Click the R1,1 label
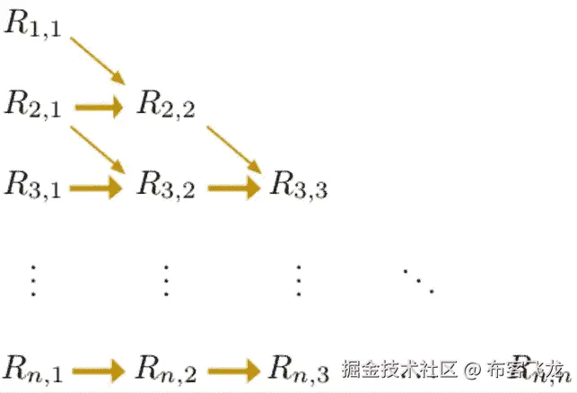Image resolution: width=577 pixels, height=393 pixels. pos(33,24)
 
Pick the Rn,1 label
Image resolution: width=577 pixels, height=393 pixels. pos(33,368)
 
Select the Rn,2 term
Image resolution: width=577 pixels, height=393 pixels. pos(166,368)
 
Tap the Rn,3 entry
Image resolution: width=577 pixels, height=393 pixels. pos(299,368)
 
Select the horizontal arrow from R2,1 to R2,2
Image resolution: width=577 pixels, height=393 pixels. pos(99,109)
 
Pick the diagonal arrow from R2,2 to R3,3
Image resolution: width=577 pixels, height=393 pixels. pos(233,148)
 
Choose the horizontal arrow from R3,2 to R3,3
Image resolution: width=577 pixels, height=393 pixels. pos(232,188)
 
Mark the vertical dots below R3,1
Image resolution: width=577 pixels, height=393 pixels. pos(33,280)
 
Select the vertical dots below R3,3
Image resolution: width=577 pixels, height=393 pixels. pos(299,280)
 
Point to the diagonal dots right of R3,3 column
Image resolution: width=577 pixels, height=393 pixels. pos(418,280)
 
